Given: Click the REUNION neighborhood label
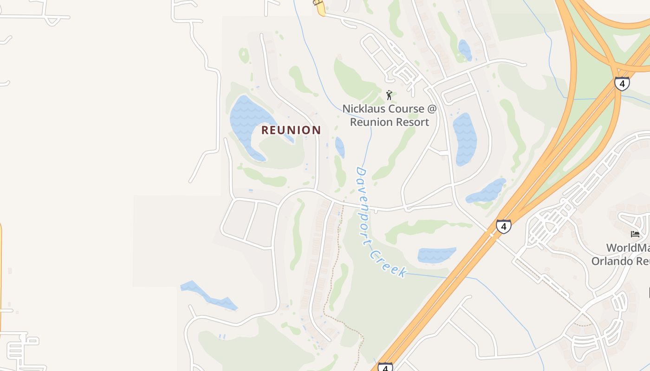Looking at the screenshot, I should (291, 130).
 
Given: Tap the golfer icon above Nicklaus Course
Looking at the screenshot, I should (389, 95).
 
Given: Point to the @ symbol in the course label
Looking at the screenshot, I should (432, 109).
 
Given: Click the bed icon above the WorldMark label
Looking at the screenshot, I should (635, 234).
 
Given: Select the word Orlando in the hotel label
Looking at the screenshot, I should (613, 261).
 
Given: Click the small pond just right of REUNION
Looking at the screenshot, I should (340, 147).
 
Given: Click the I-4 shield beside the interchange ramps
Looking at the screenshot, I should (622, 83).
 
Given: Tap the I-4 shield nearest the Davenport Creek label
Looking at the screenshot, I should (503, 226).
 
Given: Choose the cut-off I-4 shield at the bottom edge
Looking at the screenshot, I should (385, 367).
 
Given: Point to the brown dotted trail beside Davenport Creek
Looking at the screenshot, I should (333, 278).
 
